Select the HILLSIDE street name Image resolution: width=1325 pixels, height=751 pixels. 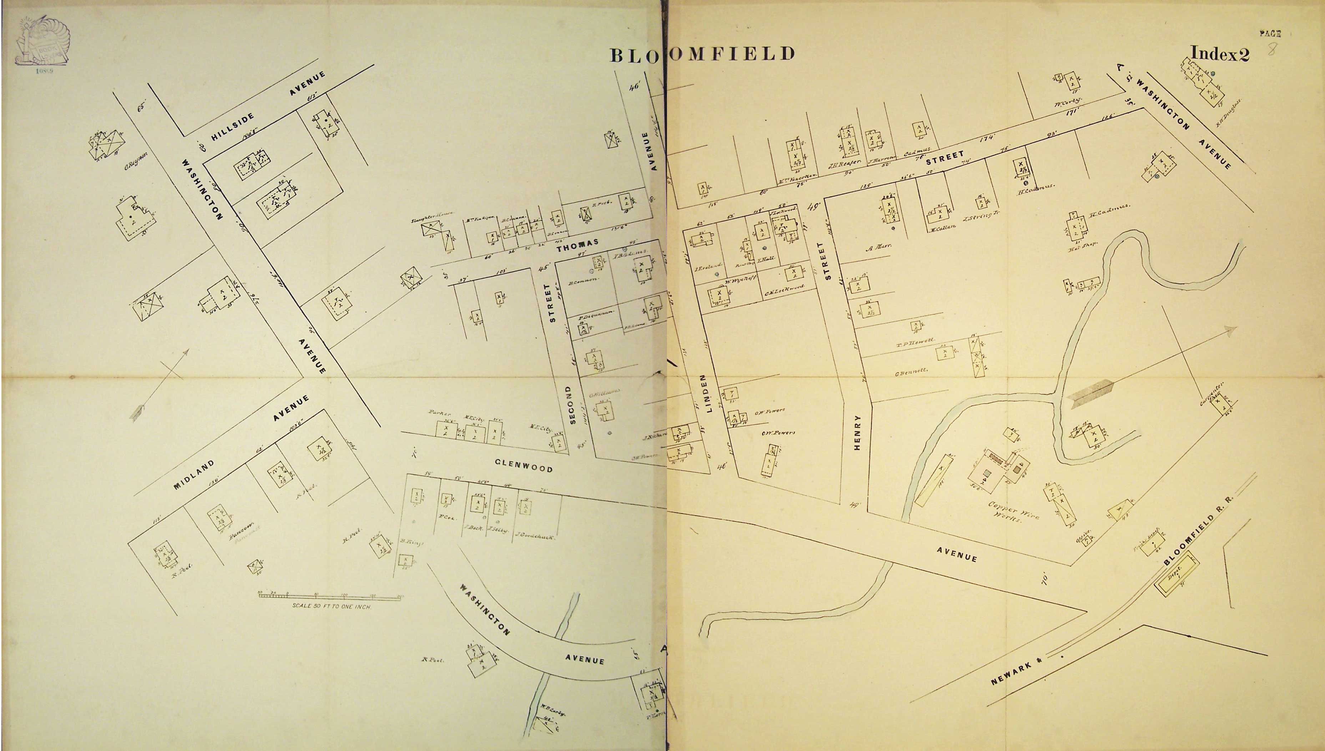(x=233, y=126)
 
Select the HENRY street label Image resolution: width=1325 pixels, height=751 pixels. (x=858, y=432)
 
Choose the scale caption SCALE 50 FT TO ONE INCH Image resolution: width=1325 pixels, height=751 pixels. (x=332, y=606)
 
